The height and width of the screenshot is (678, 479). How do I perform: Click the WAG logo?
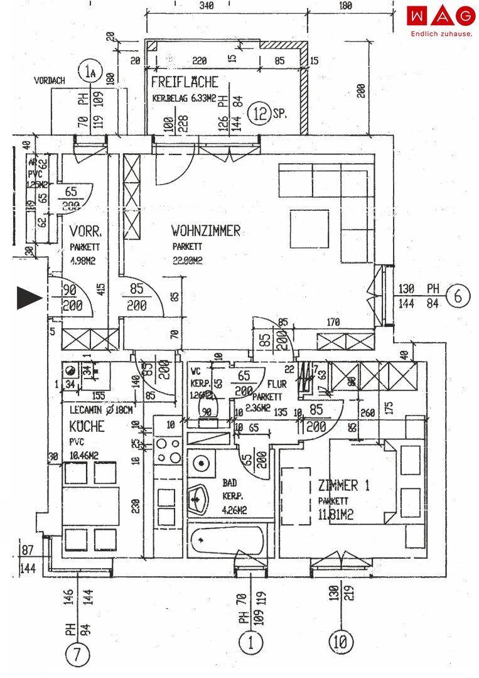441,15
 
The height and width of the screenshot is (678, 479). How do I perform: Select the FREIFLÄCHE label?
184,82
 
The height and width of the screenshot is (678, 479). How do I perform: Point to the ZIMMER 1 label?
338,485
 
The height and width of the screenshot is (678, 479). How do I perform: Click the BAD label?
230,484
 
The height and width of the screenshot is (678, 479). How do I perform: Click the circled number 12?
259,114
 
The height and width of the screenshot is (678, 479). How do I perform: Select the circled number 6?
457,296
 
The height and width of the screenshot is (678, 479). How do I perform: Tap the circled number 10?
341,642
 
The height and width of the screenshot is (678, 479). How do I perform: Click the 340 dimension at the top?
205,6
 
